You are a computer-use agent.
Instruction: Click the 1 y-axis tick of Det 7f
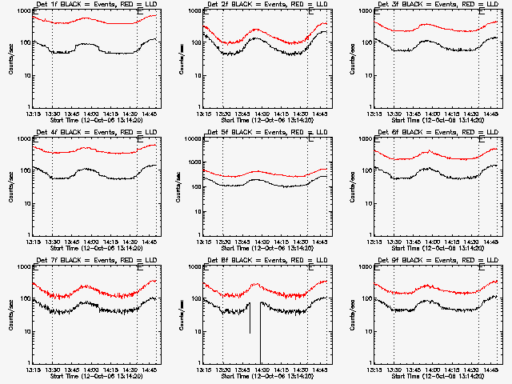pos(28,362)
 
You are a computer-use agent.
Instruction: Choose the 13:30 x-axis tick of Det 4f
pos(52,242)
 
